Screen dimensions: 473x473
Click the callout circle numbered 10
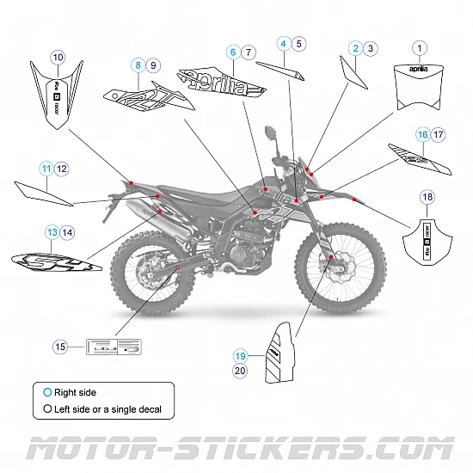click(58, 58)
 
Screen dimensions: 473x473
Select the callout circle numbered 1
click(419, 48)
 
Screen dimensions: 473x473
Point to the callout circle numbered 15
click(60, 347)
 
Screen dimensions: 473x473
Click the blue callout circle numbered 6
click(232, 52)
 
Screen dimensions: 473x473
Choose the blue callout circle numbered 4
click(283, 42)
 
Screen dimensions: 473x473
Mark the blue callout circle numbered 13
click(52, 231)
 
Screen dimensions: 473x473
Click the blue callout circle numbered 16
click(422, 135)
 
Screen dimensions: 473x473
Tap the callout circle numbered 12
click(62, 169)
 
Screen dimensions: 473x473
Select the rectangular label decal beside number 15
click(113, 347)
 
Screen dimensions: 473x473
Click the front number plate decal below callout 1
click(419, 87)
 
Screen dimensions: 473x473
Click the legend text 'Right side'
click(76, 392)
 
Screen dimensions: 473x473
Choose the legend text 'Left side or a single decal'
click(107, 409)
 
